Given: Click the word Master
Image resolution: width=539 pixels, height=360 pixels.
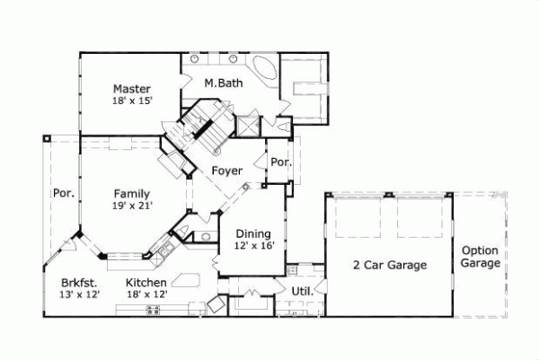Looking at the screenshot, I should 131,89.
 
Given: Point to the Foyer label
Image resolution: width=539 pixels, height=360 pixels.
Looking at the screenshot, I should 226,170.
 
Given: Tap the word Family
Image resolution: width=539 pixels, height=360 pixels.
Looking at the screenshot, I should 131,193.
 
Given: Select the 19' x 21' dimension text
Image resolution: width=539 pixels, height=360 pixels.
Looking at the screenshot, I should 134,206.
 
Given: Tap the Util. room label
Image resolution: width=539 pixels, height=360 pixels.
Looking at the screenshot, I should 302,291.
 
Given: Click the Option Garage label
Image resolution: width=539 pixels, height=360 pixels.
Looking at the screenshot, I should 480,258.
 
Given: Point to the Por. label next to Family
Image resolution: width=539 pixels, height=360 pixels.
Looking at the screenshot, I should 63,193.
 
